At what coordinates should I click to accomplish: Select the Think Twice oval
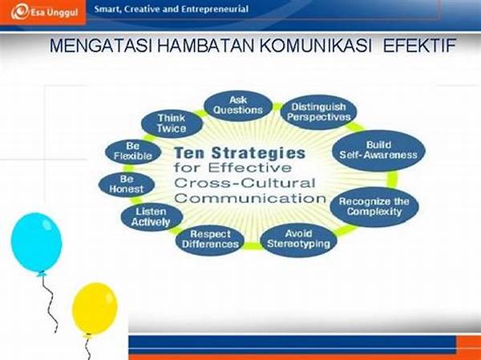tap(172, 123)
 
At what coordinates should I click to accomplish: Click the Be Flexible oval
tap(132, 151)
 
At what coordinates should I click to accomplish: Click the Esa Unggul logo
tap(40, 10)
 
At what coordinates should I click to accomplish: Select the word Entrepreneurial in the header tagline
tap(212, 10)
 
